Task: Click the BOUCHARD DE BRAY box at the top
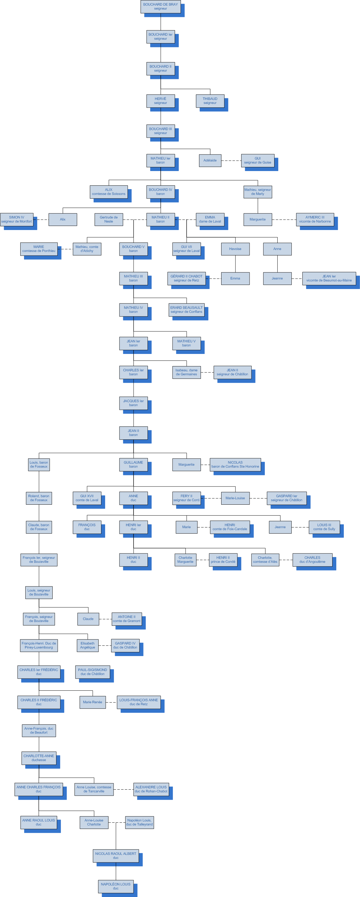[x=161, y=7]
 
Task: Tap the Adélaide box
[x=210, y=160]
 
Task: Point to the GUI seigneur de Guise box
[x=258, y=160]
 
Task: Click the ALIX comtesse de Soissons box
[x=109, y=192]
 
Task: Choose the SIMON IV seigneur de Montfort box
[x=17, y=219]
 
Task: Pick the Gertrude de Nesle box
[x=109, y=219]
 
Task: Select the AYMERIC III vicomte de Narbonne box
[x=315, y=219]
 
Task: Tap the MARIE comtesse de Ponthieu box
[x=39, y=249]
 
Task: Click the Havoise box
[x=235, y=249]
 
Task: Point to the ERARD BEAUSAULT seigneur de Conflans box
[x=186, y=310]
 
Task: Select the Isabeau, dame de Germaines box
[x=186, y=372]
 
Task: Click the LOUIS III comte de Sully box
[x=324, y=527]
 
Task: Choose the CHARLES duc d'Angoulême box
[x=312, y=560]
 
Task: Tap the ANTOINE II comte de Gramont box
[x=127, y=619]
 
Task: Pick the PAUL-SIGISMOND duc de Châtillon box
[x=93, y=672]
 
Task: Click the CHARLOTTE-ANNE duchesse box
[x=39, y=758]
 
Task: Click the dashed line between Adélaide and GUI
[x=231, y=160]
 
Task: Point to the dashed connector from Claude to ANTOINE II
[x=105, y=619]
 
